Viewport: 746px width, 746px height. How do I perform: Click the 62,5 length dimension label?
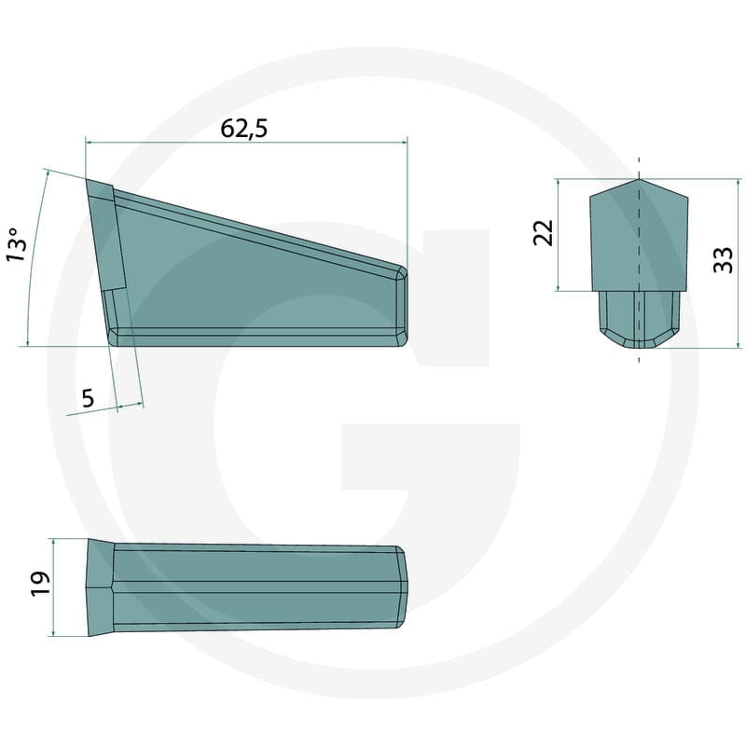244,129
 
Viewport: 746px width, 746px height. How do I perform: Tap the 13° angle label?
17,244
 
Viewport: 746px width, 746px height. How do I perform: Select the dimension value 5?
88,398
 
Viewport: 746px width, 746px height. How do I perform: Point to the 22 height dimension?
544,232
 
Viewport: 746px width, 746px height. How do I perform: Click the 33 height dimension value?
724,260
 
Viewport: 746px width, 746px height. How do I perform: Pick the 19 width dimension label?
40,584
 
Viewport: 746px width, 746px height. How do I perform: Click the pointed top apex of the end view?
639,179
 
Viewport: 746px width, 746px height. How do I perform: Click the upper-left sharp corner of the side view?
87,180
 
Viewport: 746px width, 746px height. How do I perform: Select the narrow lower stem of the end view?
639,319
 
